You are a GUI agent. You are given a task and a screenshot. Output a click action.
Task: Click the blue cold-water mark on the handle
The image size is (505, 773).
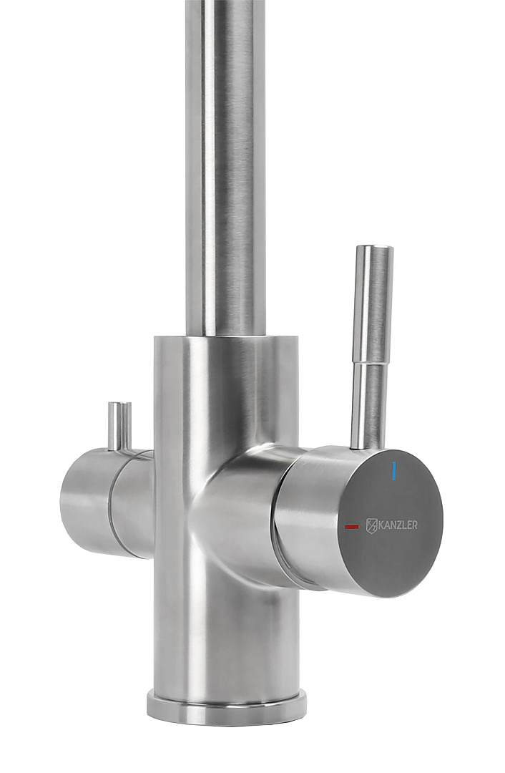pos(393,471)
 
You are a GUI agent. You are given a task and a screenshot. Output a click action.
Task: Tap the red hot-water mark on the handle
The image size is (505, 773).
pos(352,527)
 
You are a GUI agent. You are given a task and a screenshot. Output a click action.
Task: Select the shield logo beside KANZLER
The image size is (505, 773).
pos(371,525)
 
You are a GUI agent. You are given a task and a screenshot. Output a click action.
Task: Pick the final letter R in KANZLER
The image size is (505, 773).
pos(414,525)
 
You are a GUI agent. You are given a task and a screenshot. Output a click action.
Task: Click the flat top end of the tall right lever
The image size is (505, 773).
pos(375,248)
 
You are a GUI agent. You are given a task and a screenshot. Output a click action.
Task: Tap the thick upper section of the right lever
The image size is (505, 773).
pos(374,304)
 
